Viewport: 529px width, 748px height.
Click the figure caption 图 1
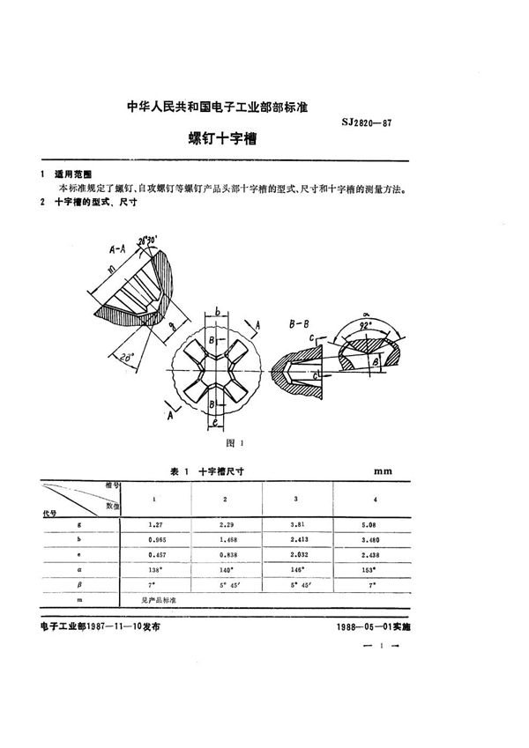(234, 442)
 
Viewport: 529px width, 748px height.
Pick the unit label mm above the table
(383, 472)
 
